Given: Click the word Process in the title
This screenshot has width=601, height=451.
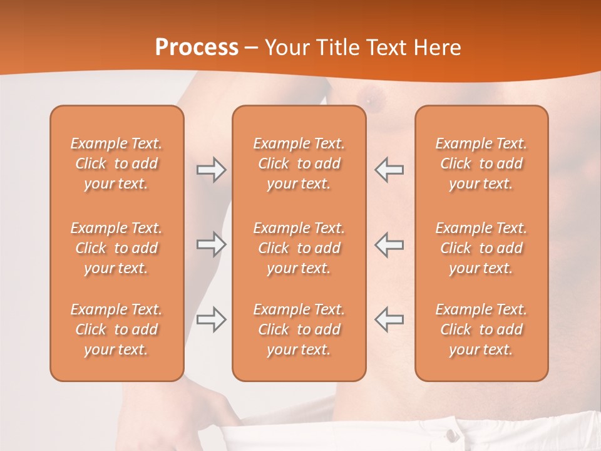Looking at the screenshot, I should [197, 48].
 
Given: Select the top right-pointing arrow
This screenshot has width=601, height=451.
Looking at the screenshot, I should [211, 170].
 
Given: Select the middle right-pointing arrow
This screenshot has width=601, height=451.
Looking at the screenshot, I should [211, 244].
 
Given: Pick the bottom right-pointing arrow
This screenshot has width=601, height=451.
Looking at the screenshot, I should [211, 319].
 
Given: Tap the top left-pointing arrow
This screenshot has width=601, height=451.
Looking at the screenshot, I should [389, 170].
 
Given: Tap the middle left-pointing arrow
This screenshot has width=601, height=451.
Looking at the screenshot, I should [389, 244].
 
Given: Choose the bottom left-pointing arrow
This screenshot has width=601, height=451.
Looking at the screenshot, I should [389, 319].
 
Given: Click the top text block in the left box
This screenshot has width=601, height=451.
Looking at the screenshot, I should [116, 163].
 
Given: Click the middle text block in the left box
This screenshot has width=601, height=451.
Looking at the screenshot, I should [116, 248].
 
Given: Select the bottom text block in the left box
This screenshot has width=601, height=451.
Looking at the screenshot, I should [116, 329].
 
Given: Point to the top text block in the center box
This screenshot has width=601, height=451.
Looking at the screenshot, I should [299, 163].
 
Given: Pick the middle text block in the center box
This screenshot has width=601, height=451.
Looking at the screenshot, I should [299, 248].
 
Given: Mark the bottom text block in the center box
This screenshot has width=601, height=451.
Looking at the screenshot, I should [299, 329].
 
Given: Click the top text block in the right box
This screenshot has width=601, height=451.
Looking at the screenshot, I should [481, 163].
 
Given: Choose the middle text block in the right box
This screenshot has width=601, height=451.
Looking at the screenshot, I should [481, 248].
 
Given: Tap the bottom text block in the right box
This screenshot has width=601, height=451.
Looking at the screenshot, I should [481, 329].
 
